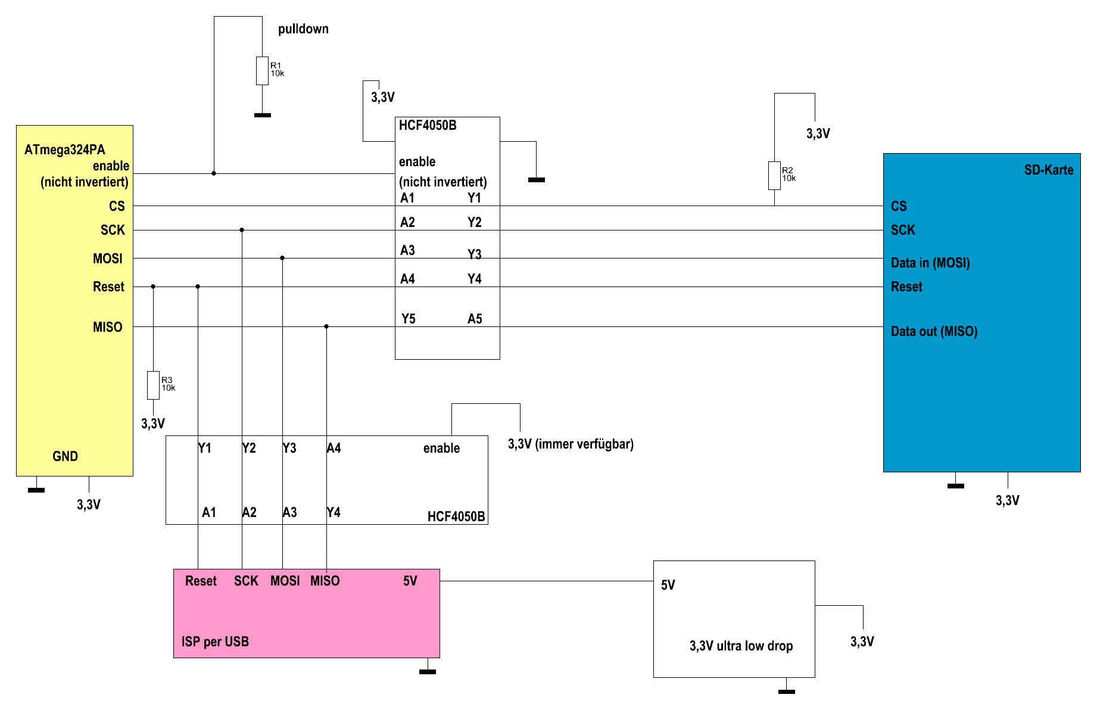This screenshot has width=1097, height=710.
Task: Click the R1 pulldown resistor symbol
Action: [262, 71]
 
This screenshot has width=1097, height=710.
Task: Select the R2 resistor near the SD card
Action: [774, 176]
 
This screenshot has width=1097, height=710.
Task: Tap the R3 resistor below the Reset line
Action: [153, 385]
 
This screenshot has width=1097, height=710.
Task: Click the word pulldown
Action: [303, 29]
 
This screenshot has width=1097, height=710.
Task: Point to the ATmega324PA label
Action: [64, 150]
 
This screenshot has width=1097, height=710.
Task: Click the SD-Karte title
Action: [1048, 170]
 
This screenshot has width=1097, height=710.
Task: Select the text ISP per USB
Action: [215, 642]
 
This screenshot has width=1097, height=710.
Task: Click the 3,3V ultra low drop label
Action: [741, 646]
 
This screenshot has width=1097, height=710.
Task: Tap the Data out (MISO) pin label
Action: [934, 332]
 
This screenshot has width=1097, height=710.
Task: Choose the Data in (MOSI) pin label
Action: [930, 263]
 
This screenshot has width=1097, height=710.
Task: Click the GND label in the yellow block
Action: [65, 457]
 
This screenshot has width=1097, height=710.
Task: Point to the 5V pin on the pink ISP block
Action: [410, 581]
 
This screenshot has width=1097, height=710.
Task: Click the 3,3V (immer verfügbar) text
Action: [571, 444]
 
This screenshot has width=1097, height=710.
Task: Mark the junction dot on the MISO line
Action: [326, 326]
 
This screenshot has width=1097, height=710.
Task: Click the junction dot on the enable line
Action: [214, 173]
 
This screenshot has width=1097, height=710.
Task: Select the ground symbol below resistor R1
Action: [263, 115]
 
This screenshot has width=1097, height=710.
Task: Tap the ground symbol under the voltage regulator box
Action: [787, 692]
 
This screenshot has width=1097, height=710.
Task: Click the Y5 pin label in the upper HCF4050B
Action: [408, 319]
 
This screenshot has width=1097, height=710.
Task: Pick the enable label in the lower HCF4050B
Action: [441, 449]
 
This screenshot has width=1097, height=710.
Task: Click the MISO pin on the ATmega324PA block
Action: [107, 328]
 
